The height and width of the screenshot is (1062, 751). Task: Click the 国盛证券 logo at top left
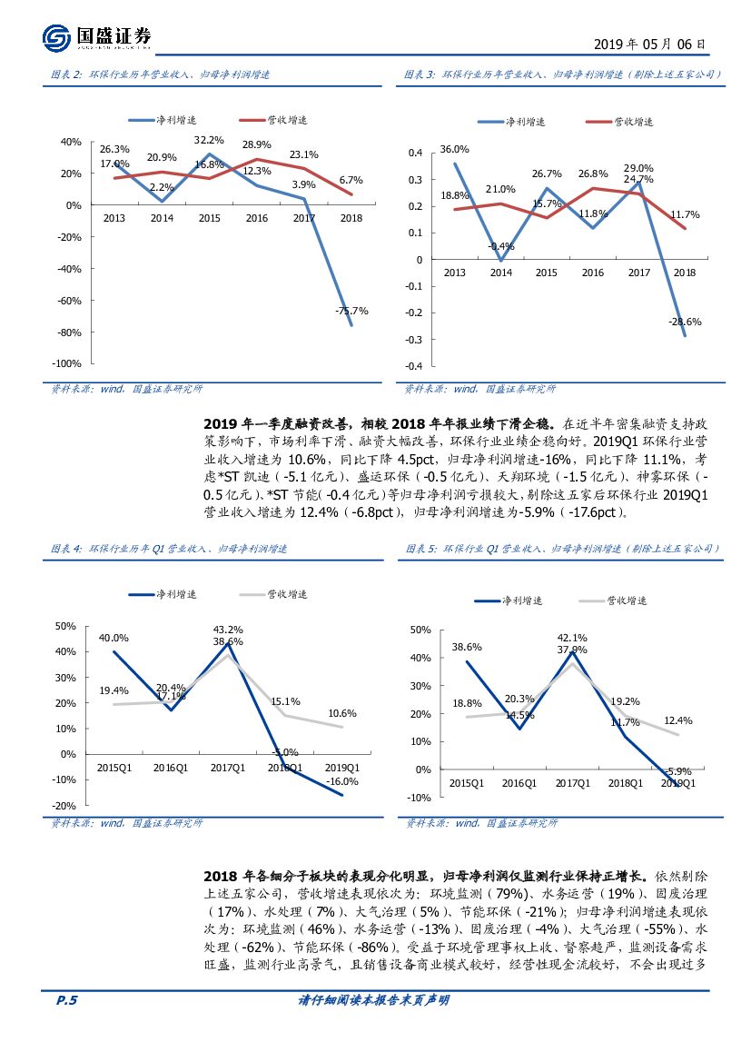[96, 37]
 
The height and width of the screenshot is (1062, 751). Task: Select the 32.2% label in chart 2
[209, 140]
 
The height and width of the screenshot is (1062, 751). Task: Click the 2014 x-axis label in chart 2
[162, 218]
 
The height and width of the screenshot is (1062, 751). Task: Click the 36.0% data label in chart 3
[454, 149]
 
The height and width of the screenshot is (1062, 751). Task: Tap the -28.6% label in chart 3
[685, 322]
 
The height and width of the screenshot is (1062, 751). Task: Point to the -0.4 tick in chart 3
[414, 366]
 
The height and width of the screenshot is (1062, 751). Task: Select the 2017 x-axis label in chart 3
[639, 272]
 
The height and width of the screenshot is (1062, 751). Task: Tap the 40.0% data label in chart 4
[114, 638]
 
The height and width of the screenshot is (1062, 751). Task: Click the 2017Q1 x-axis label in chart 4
[228, 768]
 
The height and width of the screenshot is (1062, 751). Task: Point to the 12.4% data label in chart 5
[677, 721]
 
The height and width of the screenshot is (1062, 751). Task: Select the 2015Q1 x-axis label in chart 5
[467, 783]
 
